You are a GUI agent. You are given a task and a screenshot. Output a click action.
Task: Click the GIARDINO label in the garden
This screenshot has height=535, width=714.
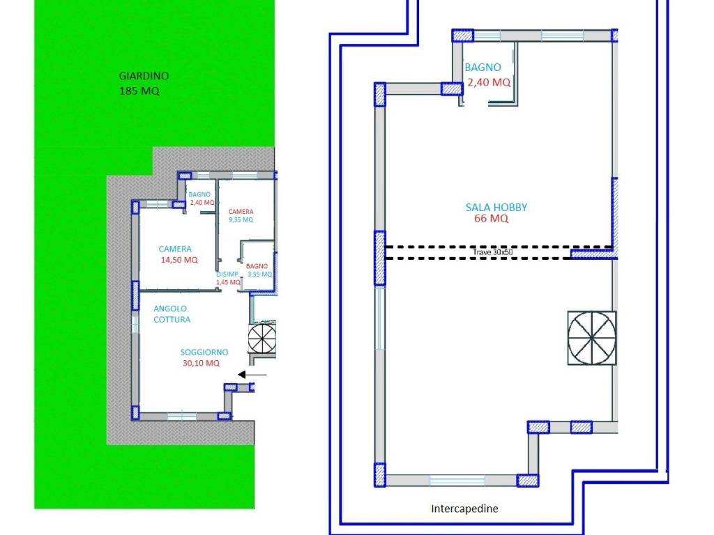click(144, 76)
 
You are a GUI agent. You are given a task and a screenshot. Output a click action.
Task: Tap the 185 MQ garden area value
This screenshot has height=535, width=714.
click(139, 91)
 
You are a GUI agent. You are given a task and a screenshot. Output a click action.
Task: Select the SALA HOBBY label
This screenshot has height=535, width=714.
click(496, 208)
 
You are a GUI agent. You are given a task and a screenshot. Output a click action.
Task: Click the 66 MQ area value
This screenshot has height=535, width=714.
click(492, 218)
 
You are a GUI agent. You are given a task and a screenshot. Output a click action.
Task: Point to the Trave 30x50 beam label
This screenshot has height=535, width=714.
click(493, 252)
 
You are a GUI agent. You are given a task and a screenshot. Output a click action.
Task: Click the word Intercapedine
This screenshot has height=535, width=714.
click(464, 509)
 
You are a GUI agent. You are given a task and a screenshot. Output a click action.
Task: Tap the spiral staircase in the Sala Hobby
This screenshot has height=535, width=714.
click(592, 338)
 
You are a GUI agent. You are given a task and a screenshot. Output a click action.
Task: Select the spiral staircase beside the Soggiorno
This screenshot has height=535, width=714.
click(262, 338)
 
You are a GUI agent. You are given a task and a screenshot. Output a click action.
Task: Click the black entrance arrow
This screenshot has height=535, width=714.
click(252, 375)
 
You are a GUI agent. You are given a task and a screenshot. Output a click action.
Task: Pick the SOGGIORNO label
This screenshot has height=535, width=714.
click(204, 352)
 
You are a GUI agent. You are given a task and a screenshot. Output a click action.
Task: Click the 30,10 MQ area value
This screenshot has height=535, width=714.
click(201, 363)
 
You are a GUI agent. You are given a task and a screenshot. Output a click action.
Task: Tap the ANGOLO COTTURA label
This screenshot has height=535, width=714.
click(172, 314)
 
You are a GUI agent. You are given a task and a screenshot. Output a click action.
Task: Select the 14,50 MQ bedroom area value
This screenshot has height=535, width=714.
click(179, 260)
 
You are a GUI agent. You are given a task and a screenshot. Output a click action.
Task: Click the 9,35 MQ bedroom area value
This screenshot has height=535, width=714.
click(241, 219)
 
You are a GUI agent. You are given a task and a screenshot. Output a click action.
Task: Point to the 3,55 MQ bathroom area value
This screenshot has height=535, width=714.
click(259, 274)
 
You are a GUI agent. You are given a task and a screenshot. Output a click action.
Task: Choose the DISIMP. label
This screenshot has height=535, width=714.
click(227, 274)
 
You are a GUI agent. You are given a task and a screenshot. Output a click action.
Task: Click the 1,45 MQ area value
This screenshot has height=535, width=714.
click(228, 282)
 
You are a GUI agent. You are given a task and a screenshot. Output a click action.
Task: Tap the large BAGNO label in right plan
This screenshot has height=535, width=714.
click(483, 68)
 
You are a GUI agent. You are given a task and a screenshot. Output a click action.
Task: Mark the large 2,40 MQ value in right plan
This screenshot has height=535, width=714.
click(489, 82)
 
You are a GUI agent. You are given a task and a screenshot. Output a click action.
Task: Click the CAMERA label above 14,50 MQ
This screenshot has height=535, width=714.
click(175, 249)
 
